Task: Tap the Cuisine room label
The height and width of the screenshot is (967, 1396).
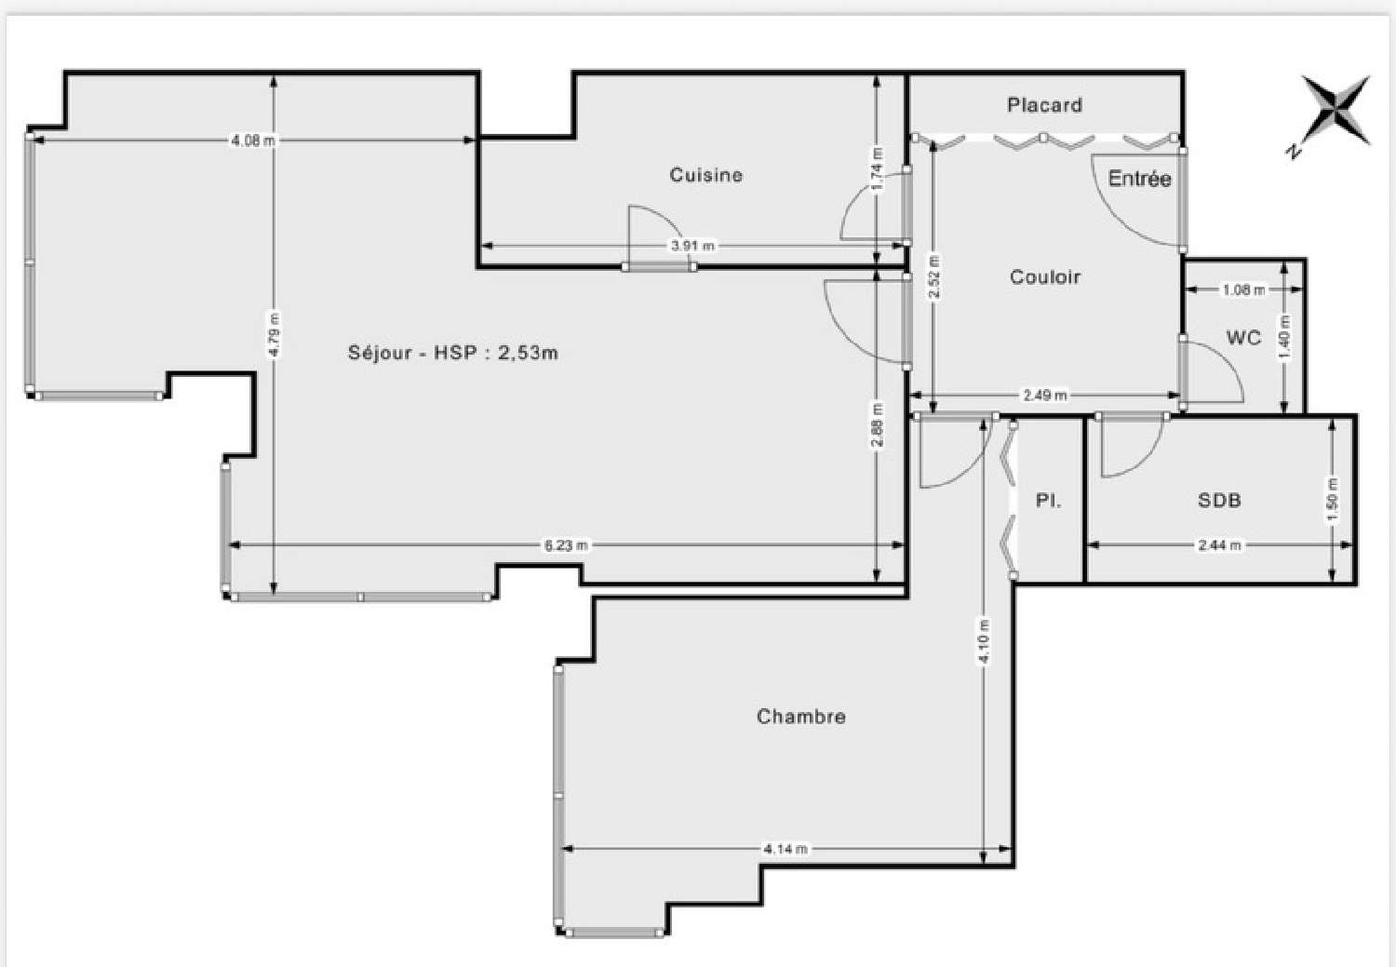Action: (x=705, y=175)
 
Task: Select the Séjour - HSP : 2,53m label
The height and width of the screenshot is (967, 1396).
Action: (x=452, y=353)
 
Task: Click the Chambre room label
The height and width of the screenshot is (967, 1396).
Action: (x=800, y=717)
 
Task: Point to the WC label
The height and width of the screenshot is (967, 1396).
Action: (x=1243, y=337)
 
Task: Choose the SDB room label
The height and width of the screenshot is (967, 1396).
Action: (x=1218, y=501)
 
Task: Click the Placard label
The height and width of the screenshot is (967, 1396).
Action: (x=1044, y=105)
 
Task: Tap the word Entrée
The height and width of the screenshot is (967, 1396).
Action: (x=1139, y=179)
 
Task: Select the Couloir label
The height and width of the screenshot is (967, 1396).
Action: (x=1044, y=277)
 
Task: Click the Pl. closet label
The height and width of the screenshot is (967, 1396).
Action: (x=1048, y=501)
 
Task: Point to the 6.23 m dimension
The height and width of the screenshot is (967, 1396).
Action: (x=566, y=545)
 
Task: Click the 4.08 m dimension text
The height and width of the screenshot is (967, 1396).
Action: (x=253, y=141)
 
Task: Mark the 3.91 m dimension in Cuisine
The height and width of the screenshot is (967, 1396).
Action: (x=692, y=246)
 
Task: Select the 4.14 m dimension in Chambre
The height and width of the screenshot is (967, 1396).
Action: (x=785, y=849)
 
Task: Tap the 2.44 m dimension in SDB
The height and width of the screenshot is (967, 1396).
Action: (x=1218, y=545)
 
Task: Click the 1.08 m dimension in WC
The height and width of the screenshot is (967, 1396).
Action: (x=1243, y=290)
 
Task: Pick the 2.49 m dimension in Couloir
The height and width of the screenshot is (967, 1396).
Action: (x=1044, y=396)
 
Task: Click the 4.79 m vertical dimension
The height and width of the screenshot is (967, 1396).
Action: (x=273, y=335)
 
